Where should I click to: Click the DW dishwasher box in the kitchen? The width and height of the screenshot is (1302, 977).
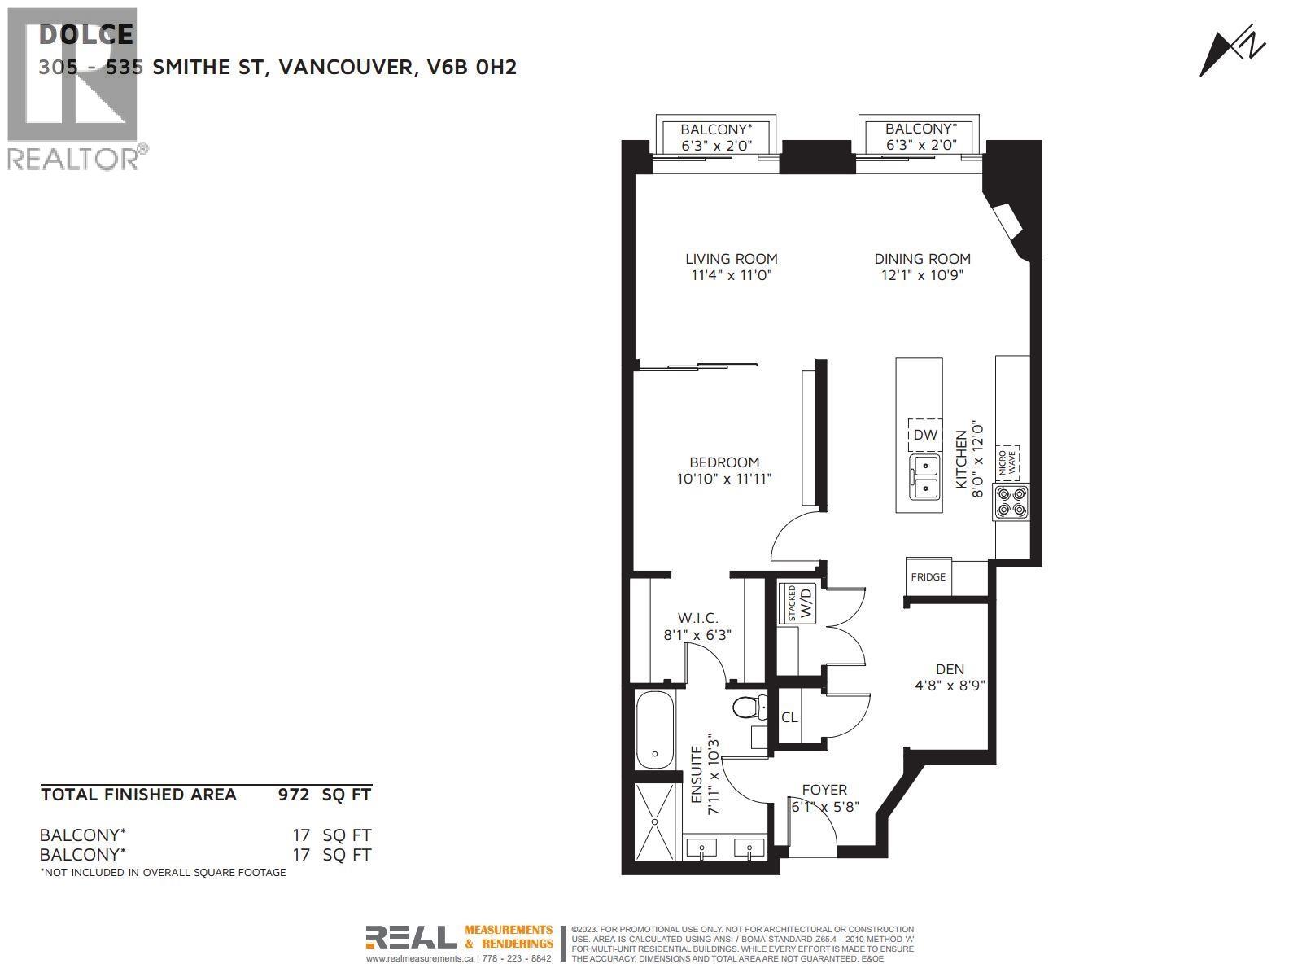click(x=925, y=435)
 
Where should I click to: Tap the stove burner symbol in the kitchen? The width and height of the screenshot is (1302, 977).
click(x=1011, y=502)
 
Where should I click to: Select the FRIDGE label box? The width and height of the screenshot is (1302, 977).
click(x=928, y=577)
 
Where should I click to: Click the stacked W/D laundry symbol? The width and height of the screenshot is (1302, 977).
click(x=798, y=603)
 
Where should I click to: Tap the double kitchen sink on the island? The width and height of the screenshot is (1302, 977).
click(x=926, y=477)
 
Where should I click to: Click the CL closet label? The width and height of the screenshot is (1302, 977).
click(x=789, y=717)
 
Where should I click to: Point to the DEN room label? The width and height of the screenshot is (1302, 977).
click(x=950, y=669)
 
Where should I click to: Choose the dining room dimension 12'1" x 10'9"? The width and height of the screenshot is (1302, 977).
click(x=922, y=275)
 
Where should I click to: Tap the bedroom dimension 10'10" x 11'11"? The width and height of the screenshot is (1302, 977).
click(x=723, y=479)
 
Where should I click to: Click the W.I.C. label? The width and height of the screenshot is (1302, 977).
click(x=697, y=619)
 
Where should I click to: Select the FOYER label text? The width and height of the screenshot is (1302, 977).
click(x=824, y=790)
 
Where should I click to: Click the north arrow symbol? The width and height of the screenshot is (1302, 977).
click(x=1232, y=53)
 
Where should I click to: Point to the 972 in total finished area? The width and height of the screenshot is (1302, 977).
click(x=294, y=795)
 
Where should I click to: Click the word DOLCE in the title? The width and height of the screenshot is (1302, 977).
click(x=86, y=34)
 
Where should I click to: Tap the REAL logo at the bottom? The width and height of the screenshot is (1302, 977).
click(x=410, y=937)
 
